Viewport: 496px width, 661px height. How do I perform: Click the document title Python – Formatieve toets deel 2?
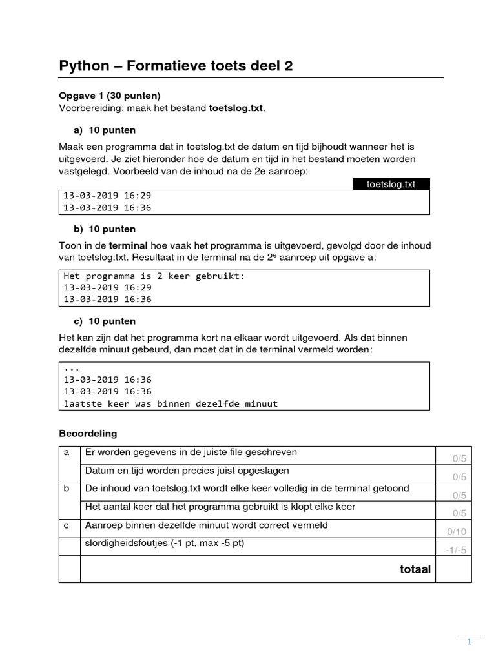click(x=176, y=66)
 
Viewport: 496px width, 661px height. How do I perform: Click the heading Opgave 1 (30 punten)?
click(x=110, y=96)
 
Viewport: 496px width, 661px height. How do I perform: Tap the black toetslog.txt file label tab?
click(x=391, y=184)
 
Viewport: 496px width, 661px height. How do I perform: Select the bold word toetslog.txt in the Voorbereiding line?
click(x=236, y=108)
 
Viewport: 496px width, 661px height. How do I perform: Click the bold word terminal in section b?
click(x=129, y=245)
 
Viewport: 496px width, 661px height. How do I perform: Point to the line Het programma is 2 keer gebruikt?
click(x=154, y=276)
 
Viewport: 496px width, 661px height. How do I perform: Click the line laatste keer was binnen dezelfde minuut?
click(x=170, y=403)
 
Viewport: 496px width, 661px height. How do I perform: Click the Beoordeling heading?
click(x=88, y=433)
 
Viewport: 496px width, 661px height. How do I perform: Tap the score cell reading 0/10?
click(x=455, y=532)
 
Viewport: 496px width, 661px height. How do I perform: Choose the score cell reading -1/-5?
click(x=455, y=550)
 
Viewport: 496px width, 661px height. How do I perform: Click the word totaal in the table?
click(x=415, y=569)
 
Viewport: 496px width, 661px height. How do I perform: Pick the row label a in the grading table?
click(x=67, y=453)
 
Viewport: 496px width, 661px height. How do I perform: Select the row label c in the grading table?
click(x=67, y=525)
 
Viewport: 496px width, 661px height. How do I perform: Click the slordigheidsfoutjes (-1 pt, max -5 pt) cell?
click(x=165, y=544)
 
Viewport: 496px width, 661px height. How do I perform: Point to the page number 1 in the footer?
click(x=470, y=642)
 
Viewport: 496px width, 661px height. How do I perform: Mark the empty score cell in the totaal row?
click(x=453, y=569)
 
